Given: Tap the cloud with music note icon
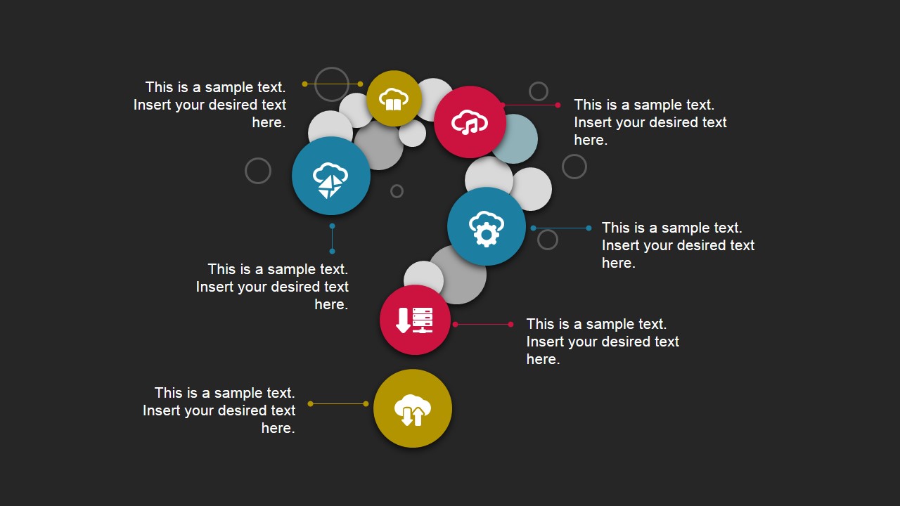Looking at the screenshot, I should click(470, 122).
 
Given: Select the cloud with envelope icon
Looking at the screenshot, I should click(330, 176).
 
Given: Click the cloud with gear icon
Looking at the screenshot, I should click(486, 226).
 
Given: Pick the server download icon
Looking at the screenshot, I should click(415, 320).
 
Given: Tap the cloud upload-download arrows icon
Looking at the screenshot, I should click(413, 408).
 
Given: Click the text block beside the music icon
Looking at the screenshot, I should click(650, 122).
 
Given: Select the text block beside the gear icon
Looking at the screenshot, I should click(678, 245).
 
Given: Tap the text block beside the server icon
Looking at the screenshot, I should click(603, 342).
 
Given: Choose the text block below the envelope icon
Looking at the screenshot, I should click(272, 287).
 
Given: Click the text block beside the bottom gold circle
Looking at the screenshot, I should click(219, 410).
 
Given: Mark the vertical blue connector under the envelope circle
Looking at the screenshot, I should click(332, 239).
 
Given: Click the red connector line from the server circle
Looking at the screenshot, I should click(483, 324).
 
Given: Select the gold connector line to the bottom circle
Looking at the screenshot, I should click(337, 403).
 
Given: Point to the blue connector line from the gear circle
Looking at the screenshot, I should click(561, 228).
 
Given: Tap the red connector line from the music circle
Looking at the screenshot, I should click(531, 105).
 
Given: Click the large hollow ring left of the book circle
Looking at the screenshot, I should click(332, 84).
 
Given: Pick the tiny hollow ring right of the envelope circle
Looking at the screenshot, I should click(397, 191).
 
